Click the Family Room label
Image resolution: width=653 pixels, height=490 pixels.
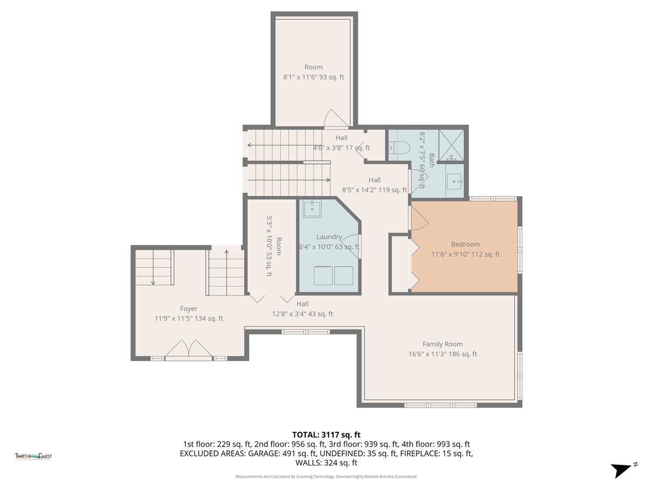tap(442, 344)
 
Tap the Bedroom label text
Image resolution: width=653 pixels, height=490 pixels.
tap(465, 244)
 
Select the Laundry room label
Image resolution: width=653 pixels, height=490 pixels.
tap(329, 237)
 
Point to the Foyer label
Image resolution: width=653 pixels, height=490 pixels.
tap(189, 309)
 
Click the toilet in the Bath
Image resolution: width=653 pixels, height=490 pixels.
tap(399, 147)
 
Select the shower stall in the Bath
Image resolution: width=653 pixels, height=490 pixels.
tap(452, 145)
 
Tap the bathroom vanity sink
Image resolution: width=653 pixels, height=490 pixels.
tap(454, 180)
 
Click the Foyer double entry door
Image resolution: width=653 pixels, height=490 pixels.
tap(188, 350)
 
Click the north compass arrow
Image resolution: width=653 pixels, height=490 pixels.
tap(622, 469)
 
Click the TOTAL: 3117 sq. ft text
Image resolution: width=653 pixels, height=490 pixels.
tap(326, 434)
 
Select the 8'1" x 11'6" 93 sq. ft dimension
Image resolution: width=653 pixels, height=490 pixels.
tap(313, 77)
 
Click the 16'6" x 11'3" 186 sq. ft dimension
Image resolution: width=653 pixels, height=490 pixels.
tap(442, 354)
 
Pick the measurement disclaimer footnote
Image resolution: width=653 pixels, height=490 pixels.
tap(326, 476)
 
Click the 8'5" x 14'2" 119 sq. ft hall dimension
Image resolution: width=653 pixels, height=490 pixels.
tap(374, 190)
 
